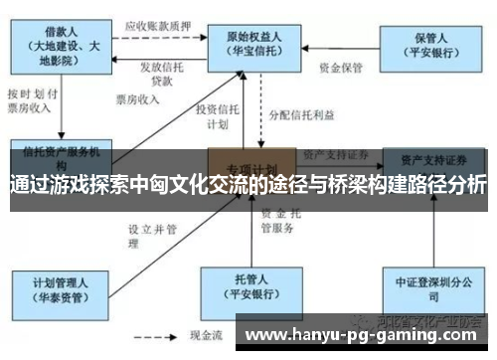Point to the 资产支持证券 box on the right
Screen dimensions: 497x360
(x=435, y=159)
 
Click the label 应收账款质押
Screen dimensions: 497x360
(x=158, y=24)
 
